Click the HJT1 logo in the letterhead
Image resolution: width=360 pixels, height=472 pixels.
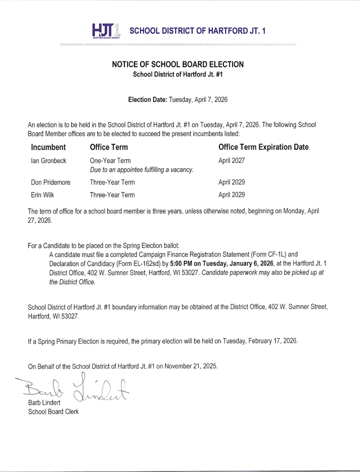[106, 31]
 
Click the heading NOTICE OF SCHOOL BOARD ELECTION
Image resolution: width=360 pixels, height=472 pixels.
[178, 65]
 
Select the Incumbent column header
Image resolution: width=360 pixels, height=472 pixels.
[48, 147]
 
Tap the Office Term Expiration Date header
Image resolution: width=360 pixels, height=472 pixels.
[263, 147]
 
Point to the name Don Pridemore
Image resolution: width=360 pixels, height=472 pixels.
[51, 182]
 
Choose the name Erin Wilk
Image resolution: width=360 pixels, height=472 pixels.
[42, 195]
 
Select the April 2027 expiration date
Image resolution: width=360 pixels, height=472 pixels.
[231, 161]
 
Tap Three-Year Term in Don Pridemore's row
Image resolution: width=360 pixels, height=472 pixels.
[112, 182]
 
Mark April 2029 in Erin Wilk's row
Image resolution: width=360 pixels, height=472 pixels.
[231, 195]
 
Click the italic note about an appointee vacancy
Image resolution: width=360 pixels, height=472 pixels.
[141, 170]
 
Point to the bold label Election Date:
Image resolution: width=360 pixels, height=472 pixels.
[148, 99]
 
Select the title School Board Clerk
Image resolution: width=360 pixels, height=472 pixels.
[53, 412]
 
